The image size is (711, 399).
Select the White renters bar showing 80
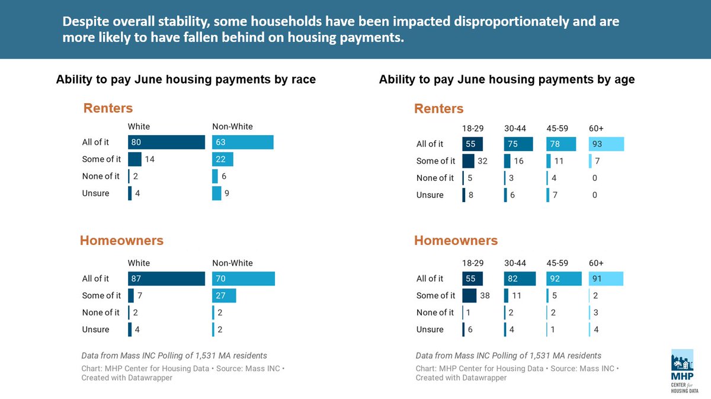166,142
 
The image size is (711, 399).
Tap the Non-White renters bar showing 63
242,142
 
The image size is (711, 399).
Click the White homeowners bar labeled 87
166,279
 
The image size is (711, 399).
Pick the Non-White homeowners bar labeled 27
224,295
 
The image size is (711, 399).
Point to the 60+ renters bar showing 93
606,144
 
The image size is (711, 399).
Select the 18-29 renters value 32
482,161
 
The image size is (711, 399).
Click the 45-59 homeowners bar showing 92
561,279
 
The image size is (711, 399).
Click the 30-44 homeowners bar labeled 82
520,279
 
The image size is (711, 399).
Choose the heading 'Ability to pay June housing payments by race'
186,79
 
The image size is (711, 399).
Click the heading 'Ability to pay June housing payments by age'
507,79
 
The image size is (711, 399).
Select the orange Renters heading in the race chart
108,108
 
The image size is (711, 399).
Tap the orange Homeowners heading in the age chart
456,241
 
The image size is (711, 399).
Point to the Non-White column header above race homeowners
232,263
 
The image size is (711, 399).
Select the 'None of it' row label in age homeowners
435,312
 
